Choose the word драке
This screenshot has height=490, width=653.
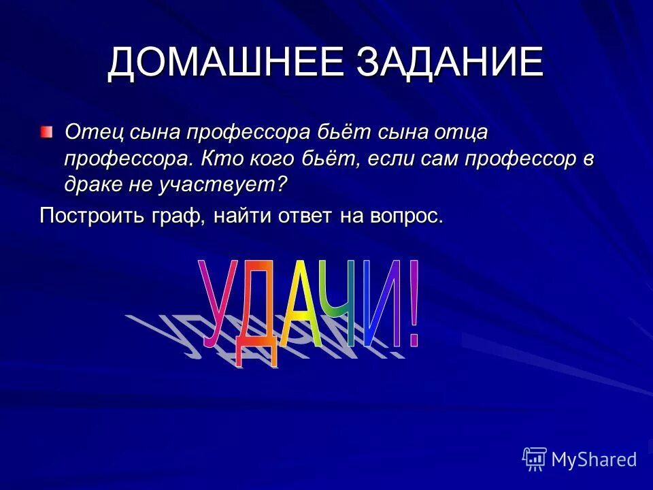coord(93,184)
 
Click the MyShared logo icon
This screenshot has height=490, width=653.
coord(535,459)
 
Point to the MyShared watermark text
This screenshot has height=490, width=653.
coord(594,460)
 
